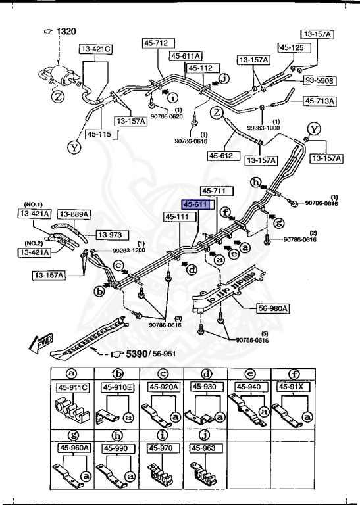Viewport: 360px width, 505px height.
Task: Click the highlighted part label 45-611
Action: coord(197,204)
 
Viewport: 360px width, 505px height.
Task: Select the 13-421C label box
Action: coord(97,49)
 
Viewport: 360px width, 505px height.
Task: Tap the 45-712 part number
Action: coord(156,43)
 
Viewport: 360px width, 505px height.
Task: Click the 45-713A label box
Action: coord(320,101)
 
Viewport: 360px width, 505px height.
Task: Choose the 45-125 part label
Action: coord(292,47)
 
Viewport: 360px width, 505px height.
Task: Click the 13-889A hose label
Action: coord(73,214)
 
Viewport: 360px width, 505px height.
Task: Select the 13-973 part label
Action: coord(112,235)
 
